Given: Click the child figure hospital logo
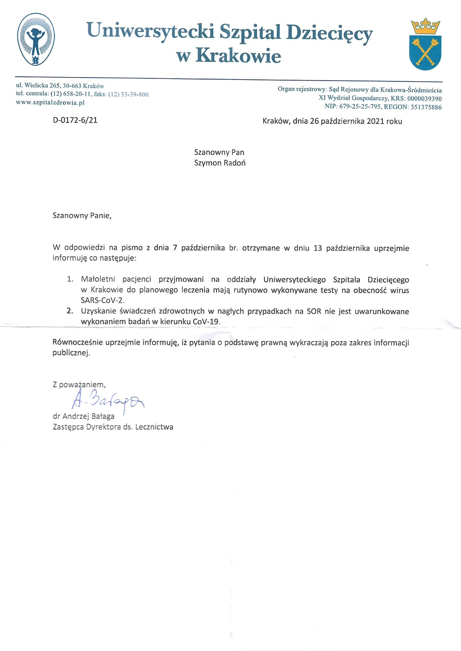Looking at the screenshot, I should tap(36, 39).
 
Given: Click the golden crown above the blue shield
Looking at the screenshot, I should tap(425, 27).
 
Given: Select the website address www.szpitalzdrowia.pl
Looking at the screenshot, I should tap(50, 103).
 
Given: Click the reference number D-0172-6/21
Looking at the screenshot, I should tap(75, 120).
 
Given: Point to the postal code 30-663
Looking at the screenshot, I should tap(72, 86).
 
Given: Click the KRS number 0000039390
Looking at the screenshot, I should tap(424, 99).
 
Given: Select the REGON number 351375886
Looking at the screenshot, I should tap(426, 107).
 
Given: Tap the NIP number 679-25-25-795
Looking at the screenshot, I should tap(360, 107).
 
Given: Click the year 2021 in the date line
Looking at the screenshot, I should tap(375, 121).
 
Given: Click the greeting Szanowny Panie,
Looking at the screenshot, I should tap(82, 216).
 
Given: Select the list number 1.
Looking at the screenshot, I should tap(70, 279).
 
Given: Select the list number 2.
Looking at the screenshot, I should tap(70, 311).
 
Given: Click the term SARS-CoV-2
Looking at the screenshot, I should tap(102, 300).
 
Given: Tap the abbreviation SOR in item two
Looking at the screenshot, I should tap(314, 311).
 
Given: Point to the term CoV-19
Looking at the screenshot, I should tap(206, 321).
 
